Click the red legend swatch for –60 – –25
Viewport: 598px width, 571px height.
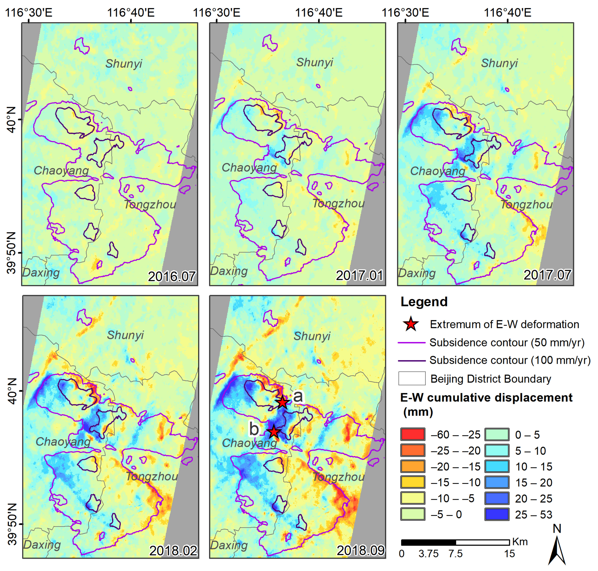(412, 434)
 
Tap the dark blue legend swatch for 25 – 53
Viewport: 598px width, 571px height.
(497, 514)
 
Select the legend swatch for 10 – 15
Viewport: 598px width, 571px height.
(497, 466)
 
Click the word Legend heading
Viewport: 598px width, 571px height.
(424, 302)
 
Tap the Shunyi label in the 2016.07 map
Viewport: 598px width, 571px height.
(124, 64)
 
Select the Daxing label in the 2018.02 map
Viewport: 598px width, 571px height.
(42, 544)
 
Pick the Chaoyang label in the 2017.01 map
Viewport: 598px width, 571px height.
(249, 167)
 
